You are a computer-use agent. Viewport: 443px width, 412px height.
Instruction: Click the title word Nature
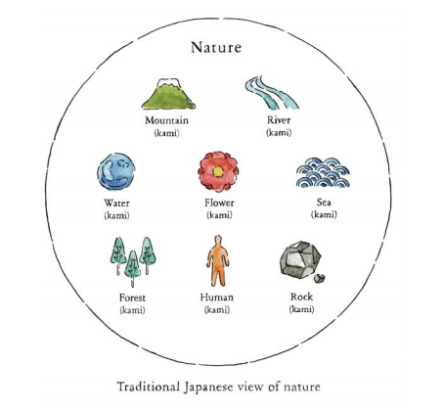tap(216, 48)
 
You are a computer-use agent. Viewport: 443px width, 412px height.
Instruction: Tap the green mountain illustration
tap(168, 94)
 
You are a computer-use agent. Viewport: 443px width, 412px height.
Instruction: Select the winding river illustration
tap(272, 93)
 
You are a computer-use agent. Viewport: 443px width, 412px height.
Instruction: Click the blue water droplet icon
tap(116, 171)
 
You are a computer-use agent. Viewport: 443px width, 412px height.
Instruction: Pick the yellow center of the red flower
tap(218, 171)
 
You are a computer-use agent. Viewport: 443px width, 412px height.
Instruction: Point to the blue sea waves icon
tap(323, 172)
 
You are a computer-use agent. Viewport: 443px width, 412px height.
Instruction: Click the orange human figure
tap(218, 261)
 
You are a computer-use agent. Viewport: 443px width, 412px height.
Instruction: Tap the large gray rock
tap(300, 260)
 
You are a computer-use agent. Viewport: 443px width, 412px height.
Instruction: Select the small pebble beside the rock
tap(319, 278)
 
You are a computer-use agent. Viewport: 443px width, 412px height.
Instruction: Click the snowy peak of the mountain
tap(168, 83)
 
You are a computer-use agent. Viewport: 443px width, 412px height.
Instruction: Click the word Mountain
tap(166, 120)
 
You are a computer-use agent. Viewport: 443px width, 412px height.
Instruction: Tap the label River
tap(279, 120)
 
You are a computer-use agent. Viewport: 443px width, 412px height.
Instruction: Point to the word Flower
tap(219, 203)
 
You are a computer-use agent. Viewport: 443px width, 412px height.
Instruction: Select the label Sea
tap(324, 203)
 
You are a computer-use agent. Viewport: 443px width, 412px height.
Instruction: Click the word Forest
tap(132, 298)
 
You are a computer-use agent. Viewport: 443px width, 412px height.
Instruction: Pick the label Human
tap(217, 298)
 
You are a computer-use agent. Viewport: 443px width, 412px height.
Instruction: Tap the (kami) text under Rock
tap(301, 309)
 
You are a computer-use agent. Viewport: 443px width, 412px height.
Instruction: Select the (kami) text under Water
tap(116, 215)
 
